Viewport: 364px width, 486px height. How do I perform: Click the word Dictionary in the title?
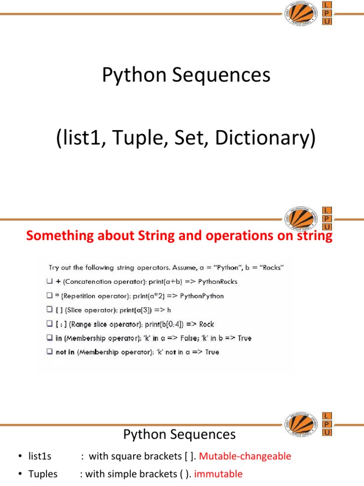pos(265,139)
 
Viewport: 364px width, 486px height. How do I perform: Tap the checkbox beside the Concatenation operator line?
pos(49,281)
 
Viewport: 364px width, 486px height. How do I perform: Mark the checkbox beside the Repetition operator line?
pos(49,296)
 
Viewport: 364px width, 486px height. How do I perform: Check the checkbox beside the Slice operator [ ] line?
pos(49,310)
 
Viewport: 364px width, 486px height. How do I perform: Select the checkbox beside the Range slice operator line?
pos(49,324)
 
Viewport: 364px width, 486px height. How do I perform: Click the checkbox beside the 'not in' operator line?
pos(49,352)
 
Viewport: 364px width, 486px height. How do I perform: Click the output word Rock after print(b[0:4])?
pos(207,324)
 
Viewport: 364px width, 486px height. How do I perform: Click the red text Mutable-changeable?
pos(245,456)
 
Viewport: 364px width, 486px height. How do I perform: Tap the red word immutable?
pos(218,474)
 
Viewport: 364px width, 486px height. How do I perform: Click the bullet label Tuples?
pos(43,474)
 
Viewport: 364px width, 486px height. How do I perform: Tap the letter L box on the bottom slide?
pos(327,415)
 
